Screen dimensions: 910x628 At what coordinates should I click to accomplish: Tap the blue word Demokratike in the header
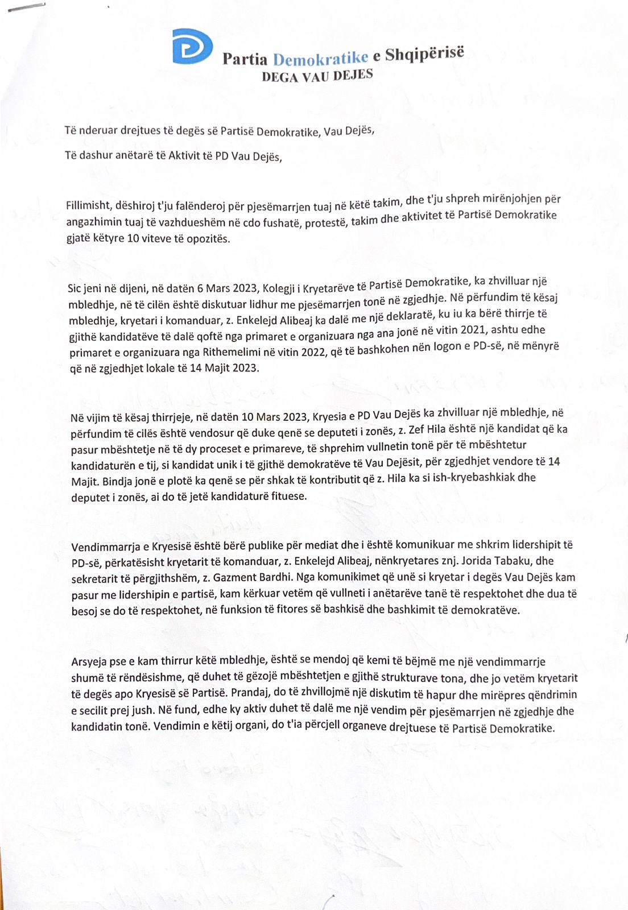pyautogui.click(x=321, y=58)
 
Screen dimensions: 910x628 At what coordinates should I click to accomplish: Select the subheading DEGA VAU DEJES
pyautogui.click(x=317, y=76)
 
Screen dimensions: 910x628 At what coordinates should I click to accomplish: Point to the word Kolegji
pyautogui.click(x=279, y=286)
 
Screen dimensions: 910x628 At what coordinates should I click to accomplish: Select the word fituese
pyautogui.click(x=287, y=496)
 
